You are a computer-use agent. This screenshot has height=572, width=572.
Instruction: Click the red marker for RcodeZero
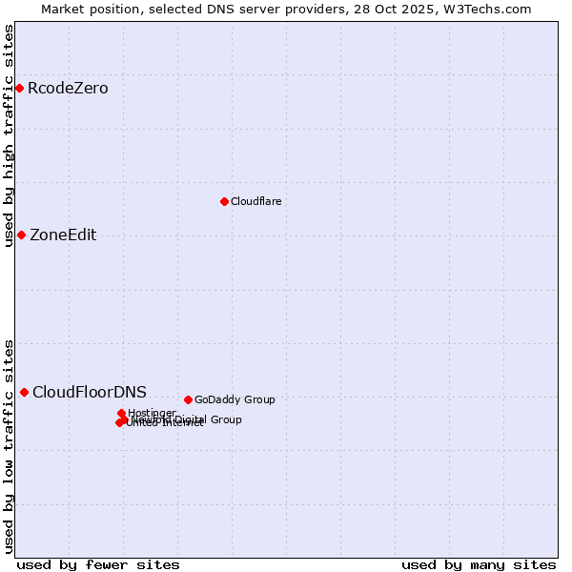click(x=19, y=89)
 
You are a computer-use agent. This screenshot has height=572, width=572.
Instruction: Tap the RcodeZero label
click(x=68, y=89)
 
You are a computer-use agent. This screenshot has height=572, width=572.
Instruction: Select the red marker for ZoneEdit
click(x=21, y=235)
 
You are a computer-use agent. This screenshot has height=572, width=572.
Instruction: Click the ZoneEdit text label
click(x=63, y=235)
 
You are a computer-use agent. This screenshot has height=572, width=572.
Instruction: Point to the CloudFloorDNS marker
click(x=24, y=392)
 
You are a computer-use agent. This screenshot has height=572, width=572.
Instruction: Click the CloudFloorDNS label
click(x=90, y=392)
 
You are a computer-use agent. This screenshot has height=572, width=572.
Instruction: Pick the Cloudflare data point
click(x=224, y=201)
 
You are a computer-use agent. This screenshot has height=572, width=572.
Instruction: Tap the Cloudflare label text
click(x=255, y=201)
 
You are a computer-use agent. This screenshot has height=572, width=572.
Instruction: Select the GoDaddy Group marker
click(x=188, y=399)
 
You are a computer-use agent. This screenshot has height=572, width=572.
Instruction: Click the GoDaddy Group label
click(x=235, y=399)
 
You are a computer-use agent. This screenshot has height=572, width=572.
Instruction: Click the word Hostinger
click(x=153, y=413)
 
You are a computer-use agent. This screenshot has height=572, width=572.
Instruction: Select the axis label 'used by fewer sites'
click(x=98, y=564)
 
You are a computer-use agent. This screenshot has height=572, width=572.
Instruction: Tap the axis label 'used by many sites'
click(x=479, y=564)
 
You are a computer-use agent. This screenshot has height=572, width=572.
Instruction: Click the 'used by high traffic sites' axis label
click(x=9, y=135)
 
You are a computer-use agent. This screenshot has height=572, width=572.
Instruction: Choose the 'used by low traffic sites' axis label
click(x=9, y=445)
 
